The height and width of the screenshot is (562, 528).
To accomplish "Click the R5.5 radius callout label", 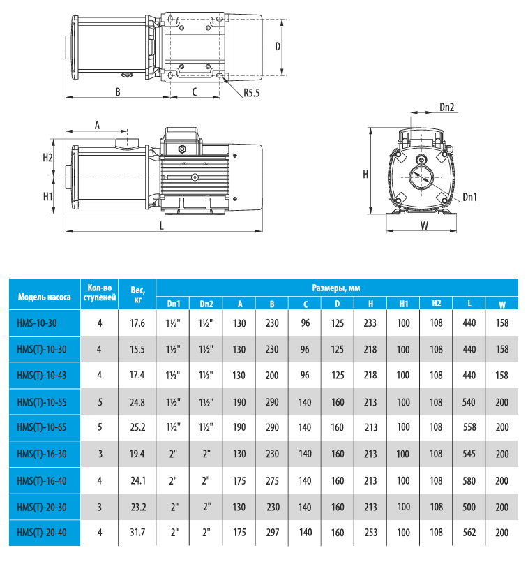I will tap(252, 93).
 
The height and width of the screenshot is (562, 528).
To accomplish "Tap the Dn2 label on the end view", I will tap(447, 108).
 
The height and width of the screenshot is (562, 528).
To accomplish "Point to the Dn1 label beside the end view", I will tap(469, 198).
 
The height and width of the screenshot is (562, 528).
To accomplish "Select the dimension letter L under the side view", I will tap(162, 225).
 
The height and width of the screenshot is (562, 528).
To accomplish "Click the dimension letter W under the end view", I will tap(423, 225).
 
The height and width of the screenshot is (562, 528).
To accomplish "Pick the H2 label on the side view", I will tap(47, 157).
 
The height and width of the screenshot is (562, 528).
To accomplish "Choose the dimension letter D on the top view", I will tap(277, 46).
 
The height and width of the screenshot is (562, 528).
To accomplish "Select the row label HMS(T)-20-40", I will tap(42, 533).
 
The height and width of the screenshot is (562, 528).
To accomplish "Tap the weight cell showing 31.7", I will tap(137, 533).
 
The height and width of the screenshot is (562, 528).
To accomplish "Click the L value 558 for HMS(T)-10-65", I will tap(469, 428).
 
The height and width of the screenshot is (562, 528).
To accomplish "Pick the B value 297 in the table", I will tap(273, 533).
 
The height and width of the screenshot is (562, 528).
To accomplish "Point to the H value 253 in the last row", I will tap(371, 533).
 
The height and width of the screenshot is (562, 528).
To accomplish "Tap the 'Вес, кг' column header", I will tap(137, 293).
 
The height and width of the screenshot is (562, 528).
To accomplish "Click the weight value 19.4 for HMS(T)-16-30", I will tap(137, 454).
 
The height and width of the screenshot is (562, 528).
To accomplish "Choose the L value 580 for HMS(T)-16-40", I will tap(469, 480).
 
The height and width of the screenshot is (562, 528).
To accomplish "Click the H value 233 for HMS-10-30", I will tap(371, 323).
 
